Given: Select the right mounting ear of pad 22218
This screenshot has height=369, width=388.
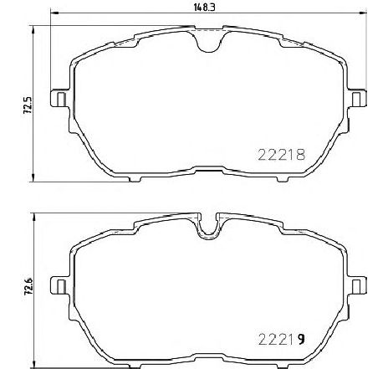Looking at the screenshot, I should click(x=357, y=99).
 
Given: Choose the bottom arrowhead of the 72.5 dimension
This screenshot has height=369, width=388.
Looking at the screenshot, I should click(x=33, y=177).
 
